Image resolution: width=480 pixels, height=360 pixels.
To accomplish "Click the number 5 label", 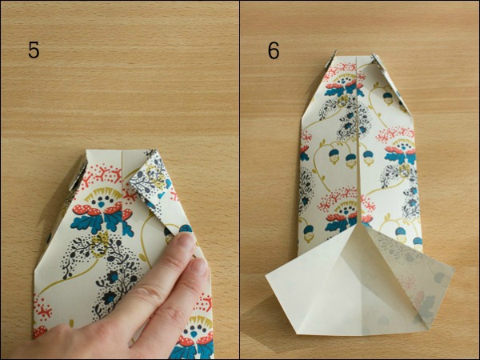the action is pyautogui.click(x=34, y=50).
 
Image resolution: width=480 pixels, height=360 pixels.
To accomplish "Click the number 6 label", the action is pyautogui.click(x=274, y=50).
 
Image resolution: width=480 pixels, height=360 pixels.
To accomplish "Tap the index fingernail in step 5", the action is pyautogui.click(x=186, y=240).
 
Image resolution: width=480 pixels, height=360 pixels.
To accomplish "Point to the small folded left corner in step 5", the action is pyautogui.click(x=78, y=174).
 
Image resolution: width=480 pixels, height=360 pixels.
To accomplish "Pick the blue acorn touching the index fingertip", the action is pyautogui.click(x=185, y=228).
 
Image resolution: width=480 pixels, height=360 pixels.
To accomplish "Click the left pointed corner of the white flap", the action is pyautogui.click(x=266, y=277).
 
